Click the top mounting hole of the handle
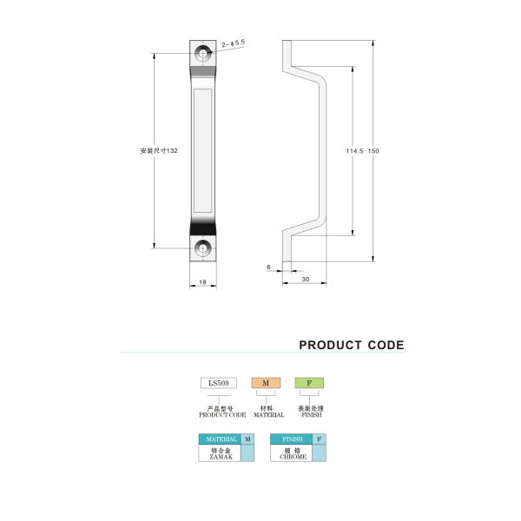click(202, 53)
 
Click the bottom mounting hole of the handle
click(202, 247)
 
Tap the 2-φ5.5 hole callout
click(234, 43)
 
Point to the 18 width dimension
click(202, 282)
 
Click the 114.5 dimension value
click(354, 151)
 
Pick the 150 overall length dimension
click(373, 151)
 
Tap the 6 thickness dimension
click(268, 267)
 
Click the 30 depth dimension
click(306, 279)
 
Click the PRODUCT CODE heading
click(352, 345)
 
